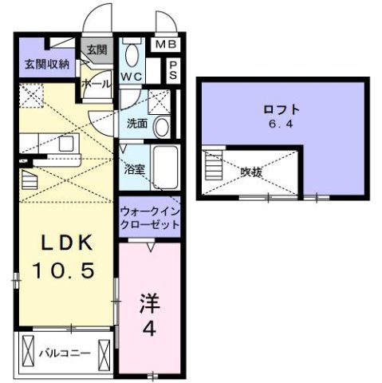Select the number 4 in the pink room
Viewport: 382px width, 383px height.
148,328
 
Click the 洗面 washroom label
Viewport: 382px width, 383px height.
136,124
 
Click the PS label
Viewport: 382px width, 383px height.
173,69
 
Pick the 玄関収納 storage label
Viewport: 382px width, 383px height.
45,63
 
